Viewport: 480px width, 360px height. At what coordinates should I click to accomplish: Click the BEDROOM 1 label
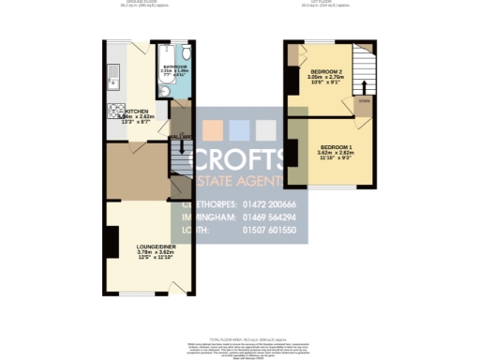click(x=337, y=148)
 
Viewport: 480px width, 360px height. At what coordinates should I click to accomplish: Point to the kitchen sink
click(x=111, y=70)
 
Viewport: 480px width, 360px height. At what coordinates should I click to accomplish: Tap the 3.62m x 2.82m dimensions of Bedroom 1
click(x=337, y=155)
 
